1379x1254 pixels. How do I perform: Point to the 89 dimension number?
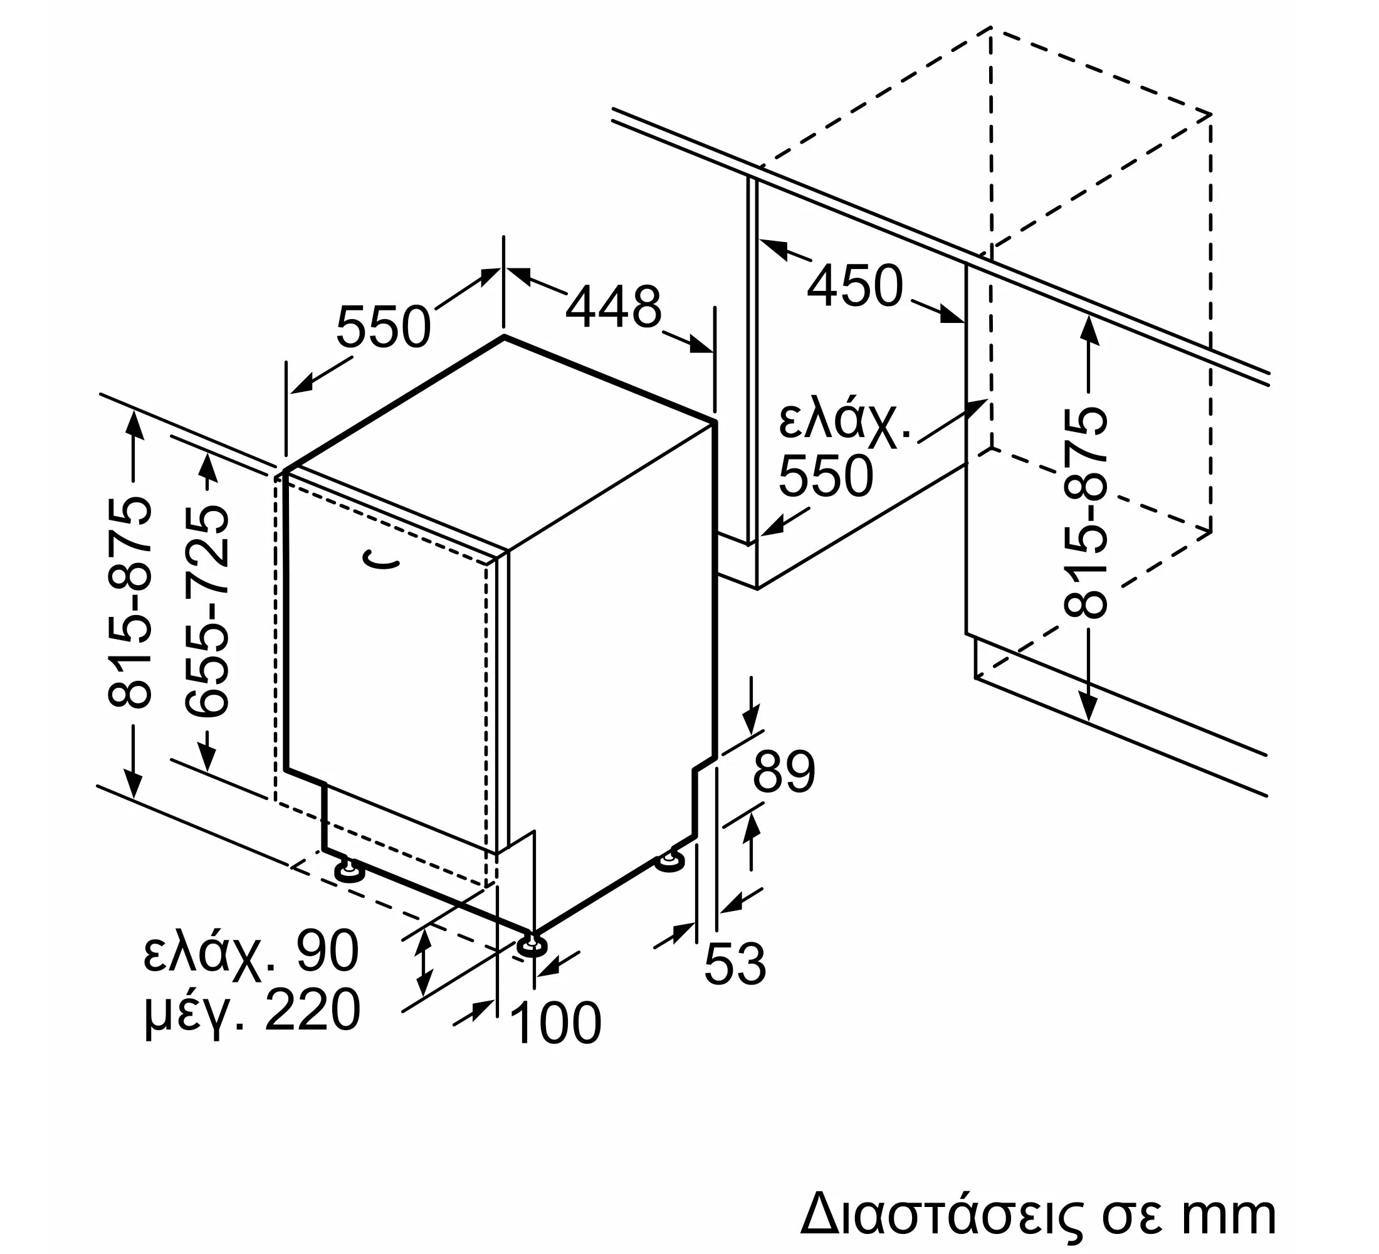(x=784, y=772)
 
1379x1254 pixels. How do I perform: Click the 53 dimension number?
(x=735, y=964)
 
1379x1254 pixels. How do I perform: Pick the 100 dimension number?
(x=556, y=1023)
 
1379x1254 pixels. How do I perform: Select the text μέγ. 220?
(x=252, y=1013)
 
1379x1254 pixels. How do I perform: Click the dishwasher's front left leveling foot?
(x=349, y=872)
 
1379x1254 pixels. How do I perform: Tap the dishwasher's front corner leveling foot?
(x=532, y=946)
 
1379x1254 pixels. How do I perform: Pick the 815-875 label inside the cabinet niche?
(x=1084, y=512)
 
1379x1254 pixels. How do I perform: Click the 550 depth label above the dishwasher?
(x=383, y=327)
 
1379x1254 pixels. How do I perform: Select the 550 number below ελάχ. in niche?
(x=826, y=475)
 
